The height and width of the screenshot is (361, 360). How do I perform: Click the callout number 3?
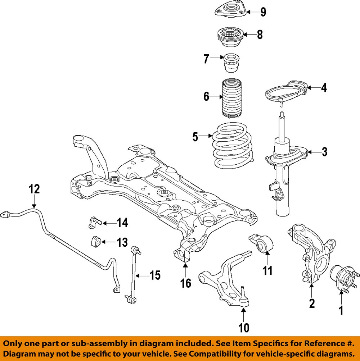(x=324, y=152)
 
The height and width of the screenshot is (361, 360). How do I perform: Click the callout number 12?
(x=35, y=189)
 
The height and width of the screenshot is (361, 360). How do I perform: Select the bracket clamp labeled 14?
(x=93, y=223)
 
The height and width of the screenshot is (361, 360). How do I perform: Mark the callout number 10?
(x=244, y=328)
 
